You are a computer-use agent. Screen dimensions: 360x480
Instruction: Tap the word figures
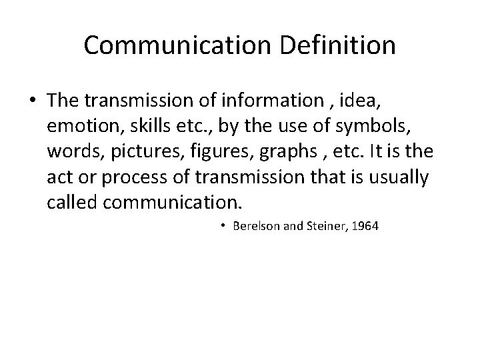pos(202,151)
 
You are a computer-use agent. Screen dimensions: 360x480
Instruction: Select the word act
pos(58,177)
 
